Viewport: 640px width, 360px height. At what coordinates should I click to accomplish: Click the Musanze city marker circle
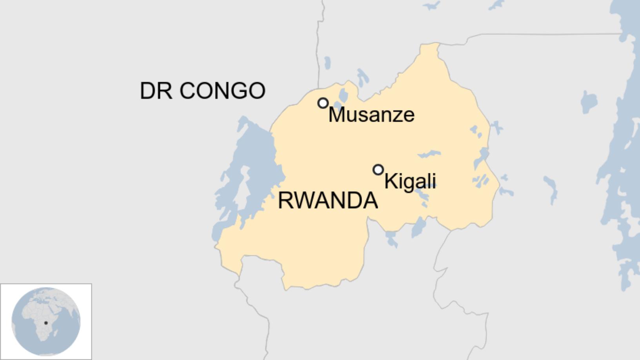(323, 103)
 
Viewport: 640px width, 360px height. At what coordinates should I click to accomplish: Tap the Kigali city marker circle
(378, 170)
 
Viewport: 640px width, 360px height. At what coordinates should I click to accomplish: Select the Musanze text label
(371, 115)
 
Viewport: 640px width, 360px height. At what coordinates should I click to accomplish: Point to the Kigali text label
(410, 181)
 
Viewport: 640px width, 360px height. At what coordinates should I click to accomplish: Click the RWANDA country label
(328, 200)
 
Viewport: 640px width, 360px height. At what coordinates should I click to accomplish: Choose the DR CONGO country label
(202, 91)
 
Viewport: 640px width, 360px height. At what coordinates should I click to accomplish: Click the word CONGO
(222, 91)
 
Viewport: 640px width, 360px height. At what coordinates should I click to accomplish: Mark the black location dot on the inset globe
(46, 323)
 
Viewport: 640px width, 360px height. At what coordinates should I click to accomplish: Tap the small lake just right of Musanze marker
(344, 95)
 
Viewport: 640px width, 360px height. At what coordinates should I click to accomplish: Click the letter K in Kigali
(389, 181)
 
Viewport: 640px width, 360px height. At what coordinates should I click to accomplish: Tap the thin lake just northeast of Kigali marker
(429, 154)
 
